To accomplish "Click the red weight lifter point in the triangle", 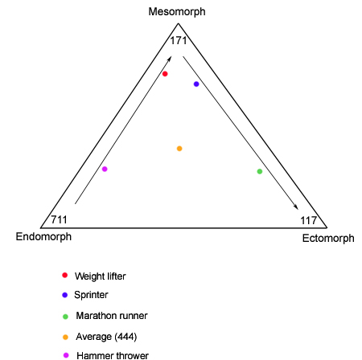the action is [x=165, y=74].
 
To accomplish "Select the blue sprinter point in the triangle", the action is [x=196, y=84].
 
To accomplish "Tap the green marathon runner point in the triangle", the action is [x=260, y=171].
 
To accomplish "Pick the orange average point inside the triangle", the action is [x=179, y=149].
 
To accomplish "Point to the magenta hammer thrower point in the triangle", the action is [x=105, y=169].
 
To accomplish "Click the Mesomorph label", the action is [x=177, y=12].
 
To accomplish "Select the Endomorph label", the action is [x=43, y=237].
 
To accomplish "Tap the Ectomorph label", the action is [x=328, y=238].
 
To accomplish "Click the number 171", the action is [x=179, y=41].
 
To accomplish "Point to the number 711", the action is [x=59, y=219].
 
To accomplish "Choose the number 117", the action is [x=309, y=221].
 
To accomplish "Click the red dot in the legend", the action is [x=64, y=275].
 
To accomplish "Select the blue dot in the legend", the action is [x=64, y=295].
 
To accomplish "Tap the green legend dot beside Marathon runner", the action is [x=65, y=317].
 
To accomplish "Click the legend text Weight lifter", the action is [x=101, y=276].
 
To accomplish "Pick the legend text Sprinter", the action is [x=91, y=295].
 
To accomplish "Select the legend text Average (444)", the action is [x=106, y=337].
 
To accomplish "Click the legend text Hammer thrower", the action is [x=113, y=355].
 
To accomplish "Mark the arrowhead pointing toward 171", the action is [x=169, y=59].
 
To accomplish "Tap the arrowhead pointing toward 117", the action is [x=295, y=207].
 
